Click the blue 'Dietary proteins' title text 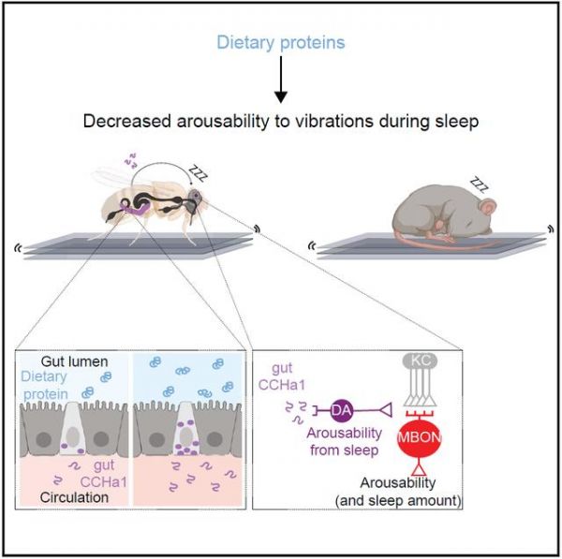click(x=281, y=43)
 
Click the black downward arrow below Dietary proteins click(x=281, y=80)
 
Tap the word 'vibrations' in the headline click(x=332, y=121)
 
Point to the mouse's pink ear click(x=488, y=207)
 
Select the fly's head click(x=197, y=197)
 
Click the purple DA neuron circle click(x=341, y=410)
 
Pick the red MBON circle click(x=420, y=438)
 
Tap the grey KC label click(x=420, y=360)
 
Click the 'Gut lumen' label click(x=75, y=361)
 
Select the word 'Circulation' click(x=74, y=497)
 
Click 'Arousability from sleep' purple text click(x=344, y=441)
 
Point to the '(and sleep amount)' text click(x=398, y=500)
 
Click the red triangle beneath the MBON click(x=419, y=469)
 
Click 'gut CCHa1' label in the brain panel click(x=282, y=376)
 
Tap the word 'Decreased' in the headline click(x=127, y=121)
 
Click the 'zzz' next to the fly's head click(x=199, y=172)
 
